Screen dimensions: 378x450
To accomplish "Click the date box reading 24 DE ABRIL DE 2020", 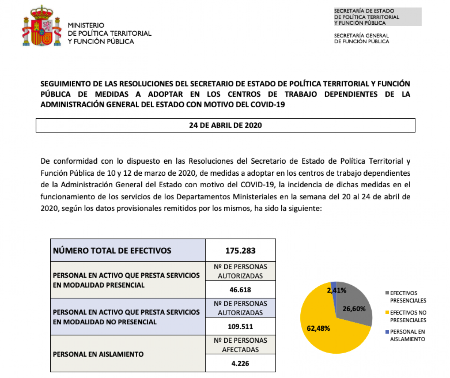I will pyautogui.click(x=225, y=125).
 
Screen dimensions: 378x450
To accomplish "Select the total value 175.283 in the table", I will pyautogui.click(x=240, y=250).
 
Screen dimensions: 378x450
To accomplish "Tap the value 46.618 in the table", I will pyautogui.click(x=240, y=289).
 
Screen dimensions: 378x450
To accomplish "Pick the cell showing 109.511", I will pyautogui.click(x=240, y=326).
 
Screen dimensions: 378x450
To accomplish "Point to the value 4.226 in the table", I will pyautogui.click(x=240, y=363).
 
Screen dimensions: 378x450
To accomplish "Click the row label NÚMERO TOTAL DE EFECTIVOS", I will pyautogui.click(x=112, y=250).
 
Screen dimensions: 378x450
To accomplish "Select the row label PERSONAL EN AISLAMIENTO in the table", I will pyautogui.click(x=99, y=354).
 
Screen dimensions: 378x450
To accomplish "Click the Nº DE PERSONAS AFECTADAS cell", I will pyautogui.click(x=240, y=345).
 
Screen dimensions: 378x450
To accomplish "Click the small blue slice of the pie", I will pyautogui.click(x=333, y=285).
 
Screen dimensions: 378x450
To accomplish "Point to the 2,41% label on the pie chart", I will pyautogui.click(x=336, y=290).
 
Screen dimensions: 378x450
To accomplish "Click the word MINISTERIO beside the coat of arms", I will pyautogui.click(x=86, y=25).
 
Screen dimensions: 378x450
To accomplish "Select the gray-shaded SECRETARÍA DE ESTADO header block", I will pyautogui.click(x=377, y=17).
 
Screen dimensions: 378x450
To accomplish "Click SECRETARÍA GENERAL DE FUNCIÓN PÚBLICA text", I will pyautogui.click(x=361, y=38).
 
